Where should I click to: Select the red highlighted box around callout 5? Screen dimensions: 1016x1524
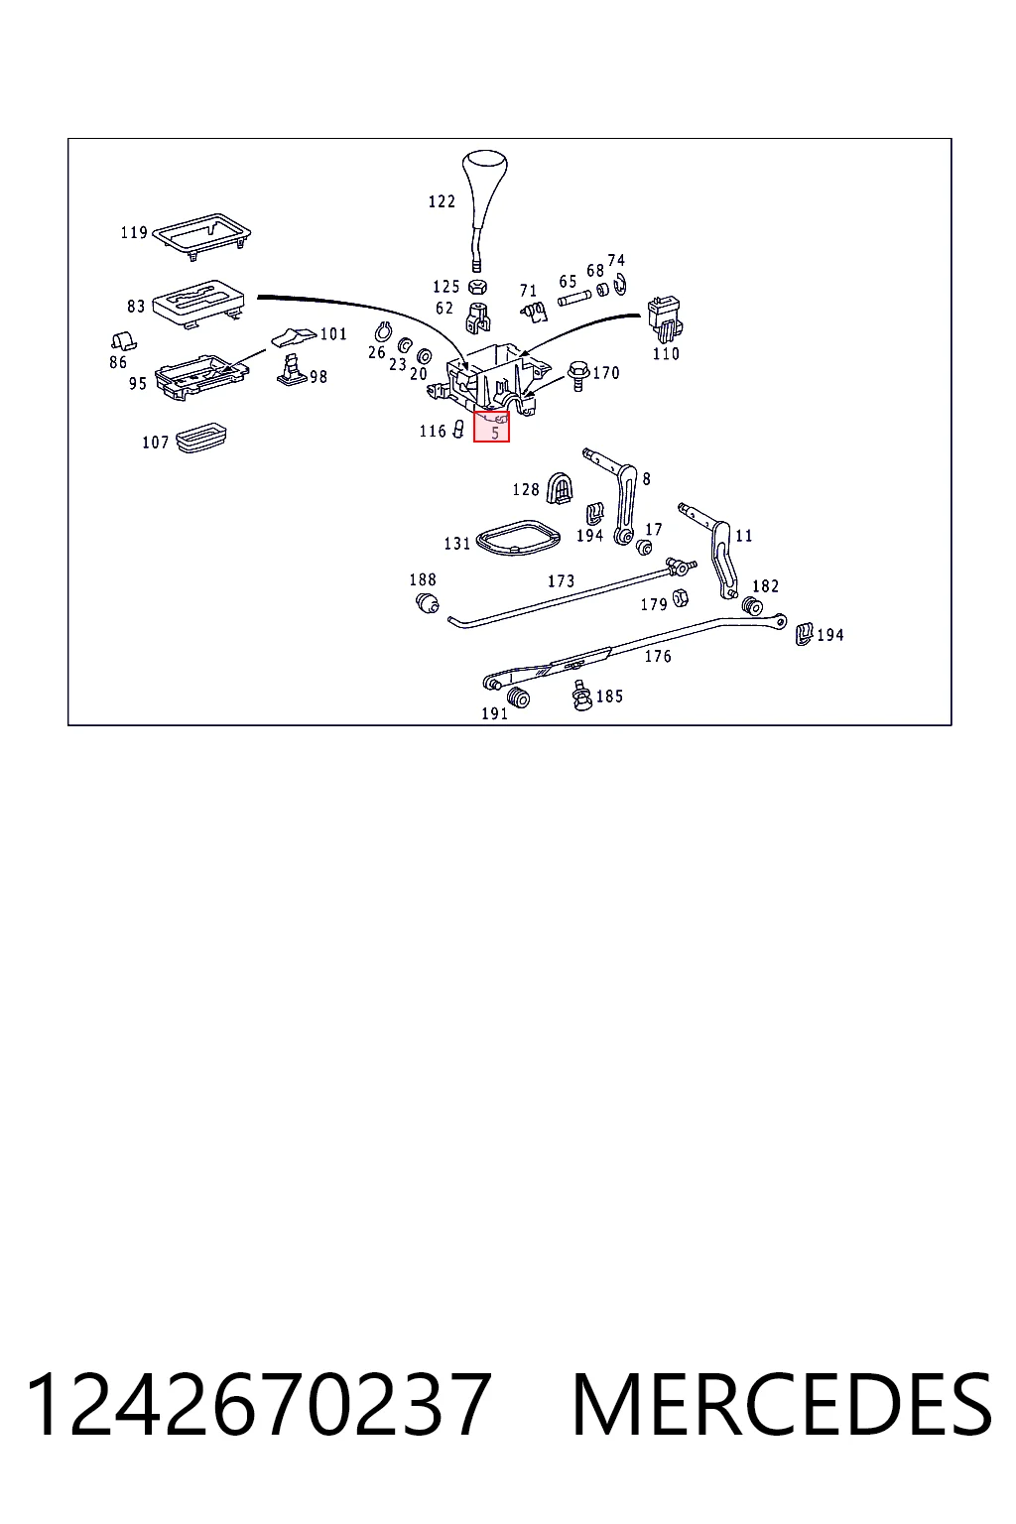click(491, 426)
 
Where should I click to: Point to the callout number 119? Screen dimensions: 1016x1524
click(134, 233)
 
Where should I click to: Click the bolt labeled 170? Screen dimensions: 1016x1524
click(578, 375)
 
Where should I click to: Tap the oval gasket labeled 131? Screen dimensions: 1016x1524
click(519, 538)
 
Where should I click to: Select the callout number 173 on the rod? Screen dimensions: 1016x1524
click(562, 580)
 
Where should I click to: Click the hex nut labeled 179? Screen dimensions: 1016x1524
click(679, 598)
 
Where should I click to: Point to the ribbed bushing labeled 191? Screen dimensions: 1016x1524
click(519, 698)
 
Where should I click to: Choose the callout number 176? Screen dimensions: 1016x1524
click(658, 656)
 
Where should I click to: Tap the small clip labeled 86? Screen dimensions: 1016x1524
click(123, 341)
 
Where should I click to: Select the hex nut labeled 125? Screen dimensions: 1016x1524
click(477, 286)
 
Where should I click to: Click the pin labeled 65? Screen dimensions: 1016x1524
click(573, 298)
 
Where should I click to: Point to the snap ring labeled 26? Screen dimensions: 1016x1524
click(383, 332)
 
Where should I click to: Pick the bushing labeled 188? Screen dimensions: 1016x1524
click(427, 603)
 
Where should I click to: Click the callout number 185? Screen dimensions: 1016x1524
click(610, 696)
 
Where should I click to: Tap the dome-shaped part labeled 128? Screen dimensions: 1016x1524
click(560, 488)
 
